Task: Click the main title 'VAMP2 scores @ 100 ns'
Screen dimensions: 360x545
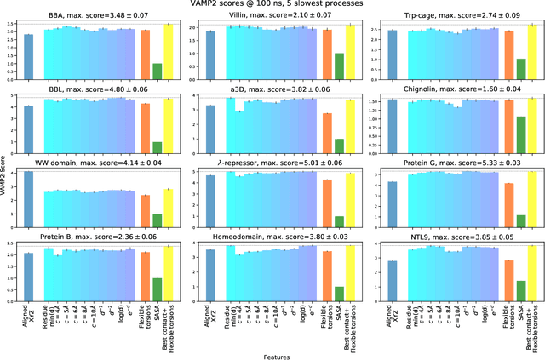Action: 272,5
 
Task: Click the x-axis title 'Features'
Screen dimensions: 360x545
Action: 272,355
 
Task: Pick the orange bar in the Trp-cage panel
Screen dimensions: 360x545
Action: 508,54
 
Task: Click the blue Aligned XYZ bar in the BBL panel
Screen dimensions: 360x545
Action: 29,127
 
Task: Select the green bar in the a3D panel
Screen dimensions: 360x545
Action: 339,144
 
